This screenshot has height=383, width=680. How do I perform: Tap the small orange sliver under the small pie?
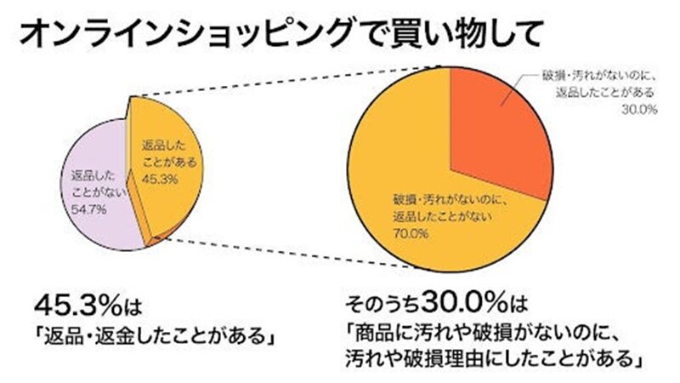coord(151,243)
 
